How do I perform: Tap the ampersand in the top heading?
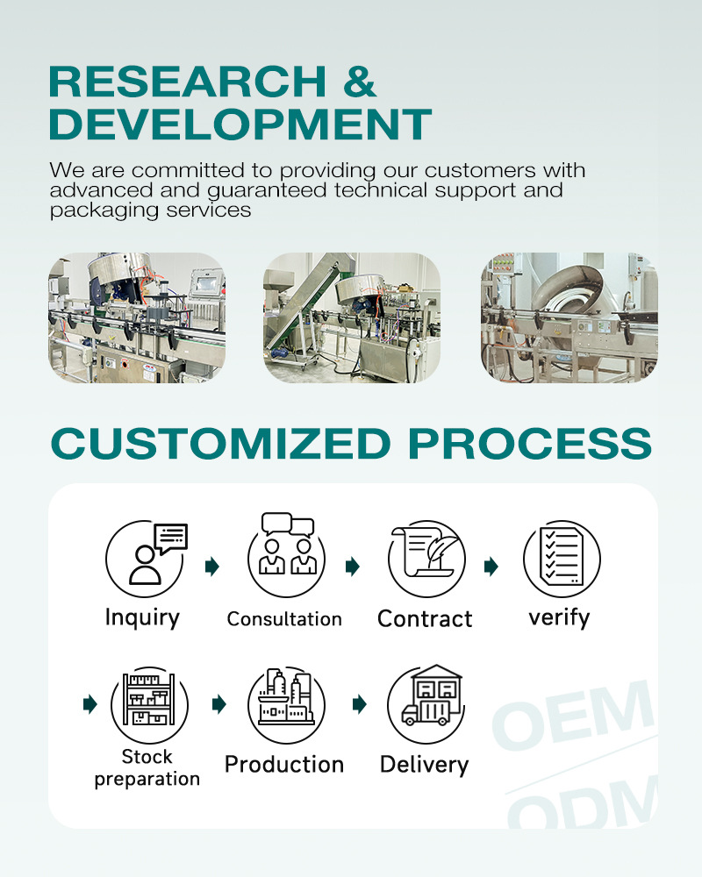(x=357, y=82)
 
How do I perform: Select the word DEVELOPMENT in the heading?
(x=240, y=124)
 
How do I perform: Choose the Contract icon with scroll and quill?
(x=426, y=559)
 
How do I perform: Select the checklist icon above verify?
(x=562, y=559)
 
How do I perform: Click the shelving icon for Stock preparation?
(x=148, y=703)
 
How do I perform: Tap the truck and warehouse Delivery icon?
(x=426, y=702)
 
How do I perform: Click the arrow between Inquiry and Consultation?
(x=211, y=567)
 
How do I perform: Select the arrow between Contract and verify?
(x=491, y=567)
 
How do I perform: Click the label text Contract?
(x=425, y=619)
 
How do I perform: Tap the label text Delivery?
(x=425, y=765)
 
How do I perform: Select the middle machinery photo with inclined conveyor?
(x=352, y=317)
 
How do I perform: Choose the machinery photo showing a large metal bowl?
(x=569, y=317)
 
